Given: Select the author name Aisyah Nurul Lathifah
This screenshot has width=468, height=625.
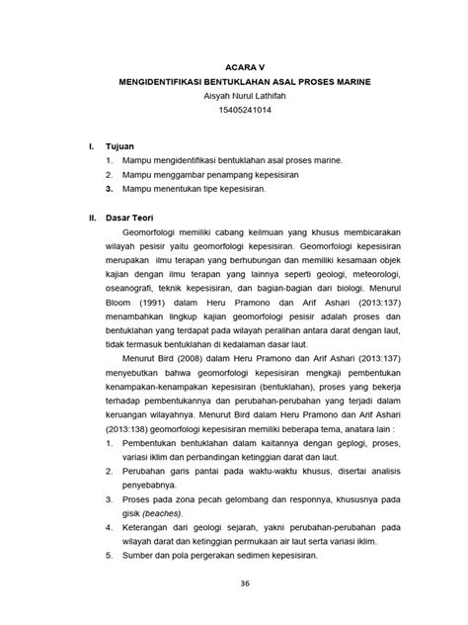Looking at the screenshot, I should point(233,99).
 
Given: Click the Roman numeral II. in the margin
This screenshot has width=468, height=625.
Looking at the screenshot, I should point(93,211).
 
